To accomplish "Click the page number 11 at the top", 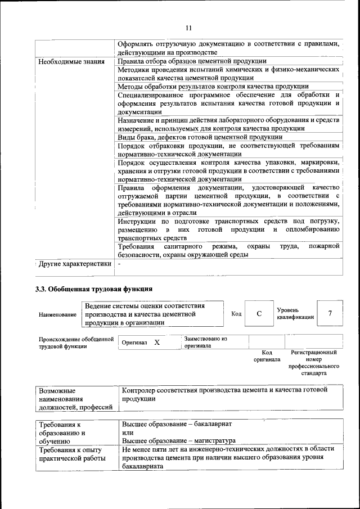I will [x=188, y=28].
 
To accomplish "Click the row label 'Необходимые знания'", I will [x=71, y=61].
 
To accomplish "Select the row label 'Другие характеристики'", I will [x=75, y=263].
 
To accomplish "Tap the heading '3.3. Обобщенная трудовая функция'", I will [x=94, y=291].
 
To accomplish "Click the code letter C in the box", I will [x=259, y=314].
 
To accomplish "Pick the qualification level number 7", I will [x=330, y=313].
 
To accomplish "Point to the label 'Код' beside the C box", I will [x=236, y=314].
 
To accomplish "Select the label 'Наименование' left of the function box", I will [x=57, y=315].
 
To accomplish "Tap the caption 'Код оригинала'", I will [x=267, y=355].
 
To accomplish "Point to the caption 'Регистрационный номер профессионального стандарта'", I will [x=313, y=362].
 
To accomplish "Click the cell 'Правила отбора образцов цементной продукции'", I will [x=192, y=61].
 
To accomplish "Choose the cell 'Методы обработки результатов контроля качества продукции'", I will [x=213, y=87].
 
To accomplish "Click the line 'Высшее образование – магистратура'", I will [x=178, y=440].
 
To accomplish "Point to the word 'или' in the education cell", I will [x=128, y=431].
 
